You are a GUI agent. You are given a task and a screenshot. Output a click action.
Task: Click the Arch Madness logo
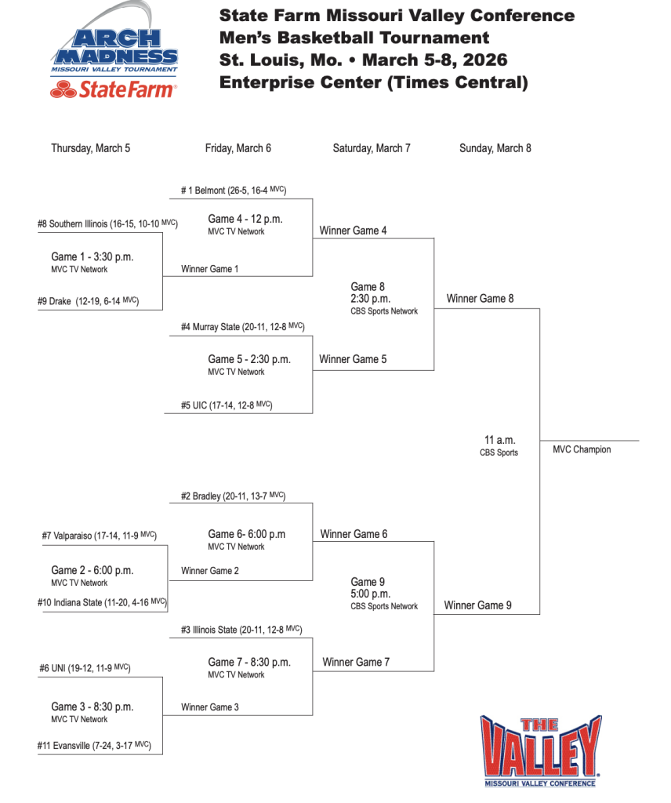(114, 49)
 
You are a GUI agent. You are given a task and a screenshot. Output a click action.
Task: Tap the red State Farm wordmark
(114, 90)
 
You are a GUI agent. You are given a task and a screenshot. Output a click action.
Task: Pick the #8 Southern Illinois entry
(107, 224)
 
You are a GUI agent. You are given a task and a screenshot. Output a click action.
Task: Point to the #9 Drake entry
(88, 301)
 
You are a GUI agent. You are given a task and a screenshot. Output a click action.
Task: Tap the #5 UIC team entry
(227, 405)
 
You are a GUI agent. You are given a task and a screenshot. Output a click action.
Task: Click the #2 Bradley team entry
(233, 496)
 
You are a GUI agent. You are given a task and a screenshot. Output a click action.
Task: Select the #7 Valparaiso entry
(100, 536)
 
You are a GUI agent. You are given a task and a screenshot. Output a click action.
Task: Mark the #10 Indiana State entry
(103, 602)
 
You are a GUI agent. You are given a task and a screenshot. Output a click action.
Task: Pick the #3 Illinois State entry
(241, 629)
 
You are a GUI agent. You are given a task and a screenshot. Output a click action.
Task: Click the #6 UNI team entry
(85, 668)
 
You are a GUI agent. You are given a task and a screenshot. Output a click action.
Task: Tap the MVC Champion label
(582, 450)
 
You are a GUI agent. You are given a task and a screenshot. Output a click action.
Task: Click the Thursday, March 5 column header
(91, 148)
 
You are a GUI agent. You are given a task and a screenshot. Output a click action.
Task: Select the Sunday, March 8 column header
(495, 148)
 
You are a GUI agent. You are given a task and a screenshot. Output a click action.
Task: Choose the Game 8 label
(368, 287)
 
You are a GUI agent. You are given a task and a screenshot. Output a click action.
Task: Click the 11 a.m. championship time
(500, 440)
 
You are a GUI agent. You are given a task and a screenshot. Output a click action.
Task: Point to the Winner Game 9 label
(477, 605)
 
